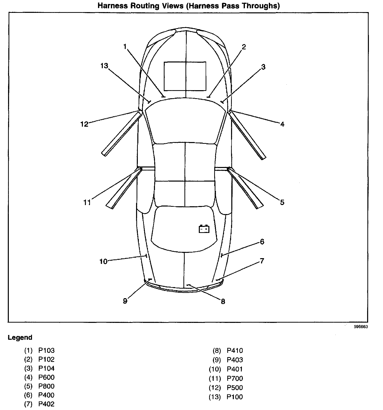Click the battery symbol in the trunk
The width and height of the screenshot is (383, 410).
[x=204, y=229]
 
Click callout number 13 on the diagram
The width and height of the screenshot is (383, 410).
[x=104, y=66]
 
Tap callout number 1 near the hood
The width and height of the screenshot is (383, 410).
[x=125, y=47]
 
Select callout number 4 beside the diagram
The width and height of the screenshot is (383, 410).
[x=282, y=124]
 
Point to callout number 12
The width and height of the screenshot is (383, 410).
[x=84, y=124]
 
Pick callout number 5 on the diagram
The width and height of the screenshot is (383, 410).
[x=282, y=202]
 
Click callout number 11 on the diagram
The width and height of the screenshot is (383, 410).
[x=87, y=202]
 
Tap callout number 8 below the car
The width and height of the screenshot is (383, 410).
[x=223, y=301]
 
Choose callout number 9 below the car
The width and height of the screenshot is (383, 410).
[x=125, y=301]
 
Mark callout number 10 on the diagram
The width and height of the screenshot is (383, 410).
[x=103, y=261]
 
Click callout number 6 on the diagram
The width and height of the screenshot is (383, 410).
[x=262, y=242]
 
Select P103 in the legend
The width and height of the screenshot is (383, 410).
[x=46, y=350]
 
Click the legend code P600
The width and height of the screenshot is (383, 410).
[x=46, y=377]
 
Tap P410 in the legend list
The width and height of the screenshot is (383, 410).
[x=235, y=350]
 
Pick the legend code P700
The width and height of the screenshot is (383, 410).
[x=235, y=378]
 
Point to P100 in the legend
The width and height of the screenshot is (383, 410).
[x=235, y=397]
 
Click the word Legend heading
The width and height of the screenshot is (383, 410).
[x=20, y=337]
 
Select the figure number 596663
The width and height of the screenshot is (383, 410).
[x=361, y=327]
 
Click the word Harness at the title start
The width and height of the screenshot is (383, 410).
[x=113, y=6]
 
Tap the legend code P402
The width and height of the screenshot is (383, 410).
[x=46, y=404]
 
